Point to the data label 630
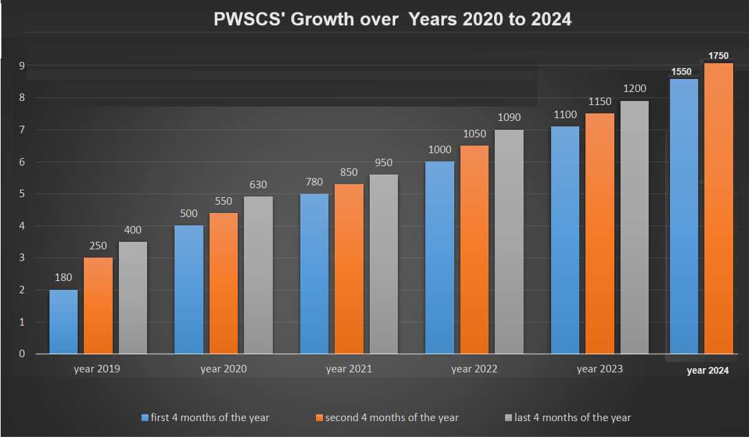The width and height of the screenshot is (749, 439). pyautogui.click(x=258, y=185)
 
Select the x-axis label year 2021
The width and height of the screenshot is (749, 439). pyautogui.click(x=349, y=369)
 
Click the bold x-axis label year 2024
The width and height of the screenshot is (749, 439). pyautogui.click(x=708, y=371)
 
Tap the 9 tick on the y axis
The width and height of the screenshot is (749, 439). pyautogui.click(x=22, y=66)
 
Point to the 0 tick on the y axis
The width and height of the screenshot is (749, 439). pyautogui.click(x=22, y=354)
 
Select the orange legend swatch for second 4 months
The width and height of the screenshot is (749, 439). pyautogui.click(x=319, y=417)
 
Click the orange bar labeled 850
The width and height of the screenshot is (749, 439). pyautogui.click(x=349, y=269)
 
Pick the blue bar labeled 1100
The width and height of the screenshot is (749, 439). pyautogui.click(x=565, y=240)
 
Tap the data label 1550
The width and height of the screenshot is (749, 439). pyautogui.click(x=682, y=71)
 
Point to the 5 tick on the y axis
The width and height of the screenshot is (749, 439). pyautogui.click(x=22, y=194)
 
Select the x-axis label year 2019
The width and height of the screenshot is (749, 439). pyautogui.click(x=97, y=369)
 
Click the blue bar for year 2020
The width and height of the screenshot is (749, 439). pyautogui.click(x=189, y=289)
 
